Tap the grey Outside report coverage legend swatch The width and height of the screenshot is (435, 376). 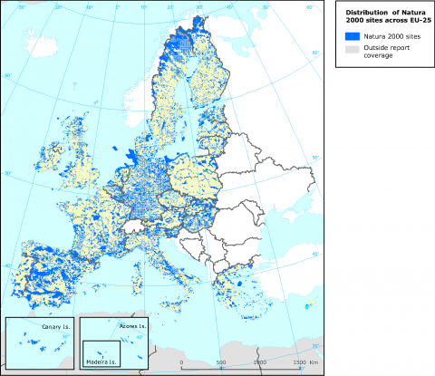point(351,50)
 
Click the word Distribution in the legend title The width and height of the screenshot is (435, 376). point(361,12)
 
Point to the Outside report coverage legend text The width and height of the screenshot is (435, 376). point(386,50)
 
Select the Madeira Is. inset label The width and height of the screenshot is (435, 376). point(101,362)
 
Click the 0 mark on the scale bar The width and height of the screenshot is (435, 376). point(181,362)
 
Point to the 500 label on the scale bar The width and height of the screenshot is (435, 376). point(222,362)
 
